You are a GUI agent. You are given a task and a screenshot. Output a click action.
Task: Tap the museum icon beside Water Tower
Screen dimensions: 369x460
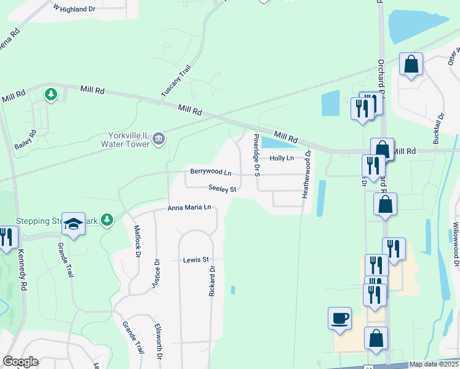tap(159, 139)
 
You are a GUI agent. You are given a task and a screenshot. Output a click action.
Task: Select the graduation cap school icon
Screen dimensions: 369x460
tap(73, 224)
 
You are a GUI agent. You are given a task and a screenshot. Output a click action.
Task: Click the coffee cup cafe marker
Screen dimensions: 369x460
tap(339, 318)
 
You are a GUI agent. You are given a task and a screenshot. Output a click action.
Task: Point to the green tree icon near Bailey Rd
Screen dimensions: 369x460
tap(51, 95)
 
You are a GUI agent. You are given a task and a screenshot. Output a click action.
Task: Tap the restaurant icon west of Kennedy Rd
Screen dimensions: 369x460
tap(6, 237)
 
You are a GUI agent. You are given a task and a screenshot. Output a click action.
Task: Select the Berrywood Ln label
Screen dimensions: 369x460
tap(210, 172)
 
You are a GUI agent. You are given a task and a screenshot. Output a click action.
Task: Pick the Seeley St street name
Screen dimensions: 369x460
tap(222, 189)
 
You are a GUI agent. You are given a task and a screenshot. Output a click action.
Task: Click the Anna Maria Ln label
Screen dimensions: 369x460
tap(189, 208)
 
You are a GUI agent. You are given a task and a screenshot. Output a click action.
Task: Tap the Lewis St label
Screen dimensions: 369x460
tap(196, 260)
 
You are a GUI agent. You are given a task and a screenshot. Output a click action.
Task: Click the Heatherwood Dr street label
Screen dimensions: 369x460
tap(305, 175)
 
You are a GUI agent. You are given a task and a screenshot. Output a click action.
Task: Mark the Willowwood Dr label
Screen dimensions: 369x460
tap(456, 244)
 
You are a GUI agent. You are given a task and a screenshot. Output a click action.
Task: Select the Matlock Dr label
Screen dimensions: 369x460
tap(138, 242)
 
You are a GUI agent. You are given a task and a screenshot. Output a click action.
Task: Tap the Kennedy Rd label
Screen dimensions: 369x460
tap(23, 276)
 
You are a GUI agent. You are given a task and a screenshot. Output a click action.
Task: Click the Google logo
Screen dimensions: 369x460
tap(20, 362)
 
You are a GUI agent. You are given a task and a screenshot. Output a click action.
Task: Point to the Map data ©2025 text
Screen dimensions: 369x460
tap(433, 364)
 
